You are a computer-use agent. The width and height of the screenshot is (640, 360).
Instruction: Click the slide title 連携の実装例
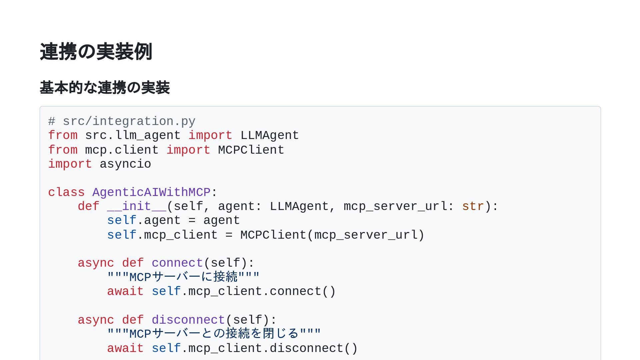(x=96, y=52)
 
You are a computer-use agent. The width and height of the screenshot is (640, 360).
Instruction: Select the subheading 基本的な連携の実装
(x=105, y=88)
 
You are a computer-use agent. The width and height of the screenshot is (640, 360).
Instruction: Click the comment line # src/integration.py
(x=122, y=121)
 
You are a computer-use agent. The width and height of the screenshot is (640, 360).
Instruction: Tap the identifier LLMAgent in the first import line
(x=269, y=136)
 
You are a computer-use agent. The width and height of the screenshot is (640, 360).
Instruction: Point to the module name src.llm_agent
(x=133, y=136)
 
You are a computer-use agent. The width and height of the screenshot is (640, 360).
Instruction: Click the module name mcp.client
(x=122, y=150)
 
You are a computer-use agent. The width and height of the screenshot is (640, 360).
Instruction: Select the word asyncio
(x=125, y=164)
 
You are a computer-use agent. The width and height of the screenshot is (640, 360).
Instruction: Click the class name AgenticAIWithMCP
(x=151, y=192)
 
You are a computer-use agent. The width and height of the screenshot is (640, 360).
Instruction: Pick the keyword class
(x=66, y=192)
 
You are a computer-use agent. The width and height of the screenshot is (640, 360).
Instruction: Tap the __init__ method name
(x=137, y=207)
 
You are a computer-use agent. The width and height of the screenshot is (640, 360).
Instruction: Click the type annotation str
(x=473, y=207)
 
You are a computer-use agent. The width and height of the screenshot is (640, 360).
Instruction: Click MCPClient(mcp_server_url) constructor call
(x=332, y=235)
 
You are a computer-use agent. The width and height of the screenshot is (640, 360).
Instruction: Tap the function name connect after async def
(x=177, y=263)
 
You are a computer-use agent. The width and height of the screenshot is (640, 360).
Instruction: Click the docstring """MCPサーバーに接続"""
(x=183, y=277)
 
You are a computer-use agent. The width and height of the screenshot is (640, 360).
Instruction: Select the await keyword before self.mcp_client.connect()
(x=125, y=291)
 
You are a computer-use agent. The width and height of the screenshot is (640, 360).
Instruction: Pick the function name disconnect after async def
(x=188, y=320)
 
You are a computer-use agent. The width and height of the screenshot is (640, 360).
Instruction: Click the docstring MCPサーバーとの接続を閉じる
(x=214, y=334)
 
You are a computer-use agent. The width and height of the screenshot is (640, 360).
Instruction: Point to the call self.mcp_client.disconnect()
(x=255, y=348)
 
